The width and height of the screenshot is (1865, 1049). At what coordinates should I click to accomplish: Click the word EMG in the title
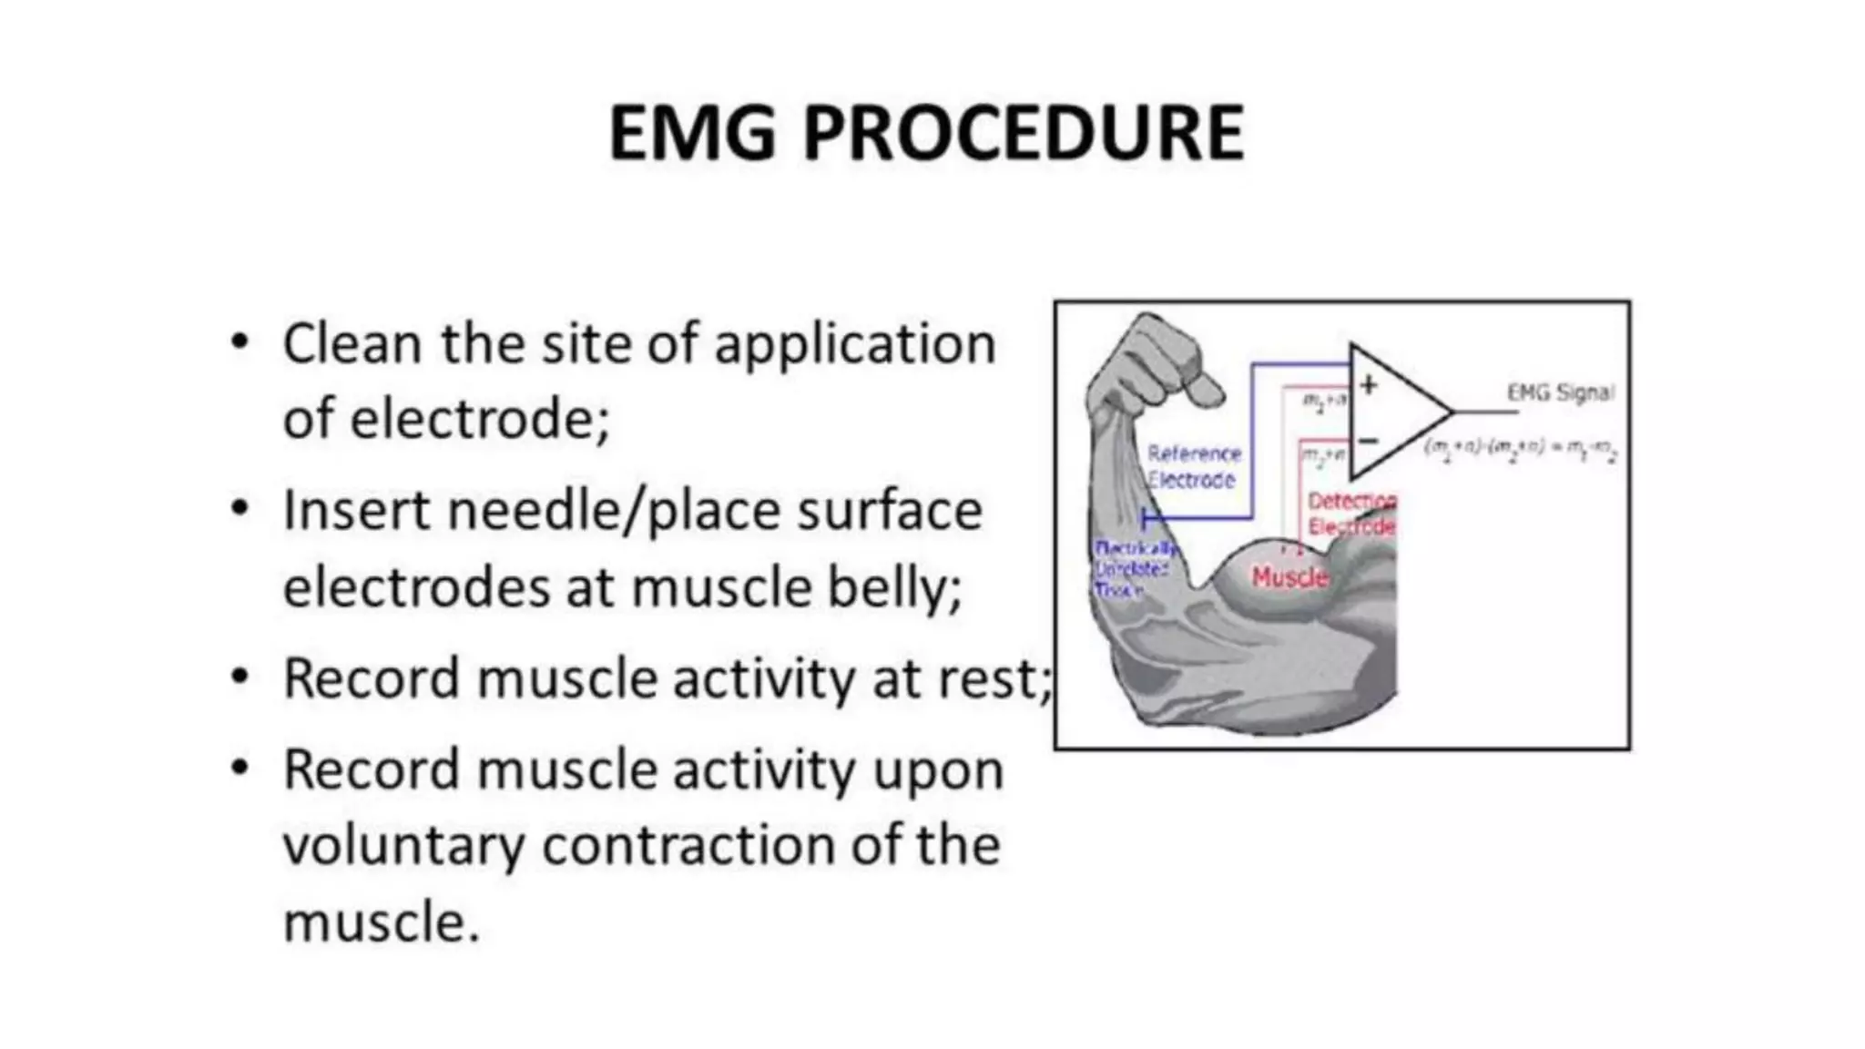coord(692,133)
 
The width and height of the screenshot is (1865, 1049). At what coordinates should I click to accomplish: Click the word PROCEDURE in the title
coord(1023,133)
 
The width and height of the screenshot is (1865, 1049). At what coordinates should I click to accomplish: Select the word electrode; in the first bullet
coord(479,420)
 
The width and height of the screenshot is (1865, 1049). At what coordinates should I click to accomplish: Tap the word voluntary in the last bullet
coord(403,846)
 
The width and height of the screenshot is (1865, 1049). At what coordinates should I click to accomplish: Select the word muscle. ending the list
coord(381,922)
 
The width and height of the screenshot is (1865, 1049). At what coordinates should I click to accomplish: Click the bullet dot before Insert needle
coord(239,508)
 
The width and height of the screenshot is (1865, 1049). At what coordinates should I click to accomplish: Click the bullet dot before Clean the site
coord(239,342)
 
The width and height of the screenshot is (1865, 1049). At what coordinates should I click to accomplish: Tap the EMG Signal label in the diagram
coord(1560,392)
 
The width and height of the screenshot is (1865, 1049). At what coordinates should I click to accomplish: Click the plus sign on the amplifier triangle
coord(1368,385)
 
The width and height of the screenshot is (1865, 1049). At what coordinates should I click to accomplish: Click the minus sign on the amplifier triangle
coord(1368,442)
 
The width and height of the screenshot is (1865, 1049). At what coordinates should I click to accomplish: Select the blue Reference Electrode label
coord(1193,466)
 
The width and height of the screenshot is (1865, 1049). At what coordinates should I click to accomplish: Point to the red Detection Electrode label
coord(1351,514)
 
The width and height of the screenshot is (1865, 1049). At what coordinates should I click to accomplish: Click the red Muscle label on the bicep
coord(1289,576)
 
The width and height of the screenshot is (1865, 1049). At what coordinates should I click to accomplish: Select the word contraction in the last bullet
coord(688,846)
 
